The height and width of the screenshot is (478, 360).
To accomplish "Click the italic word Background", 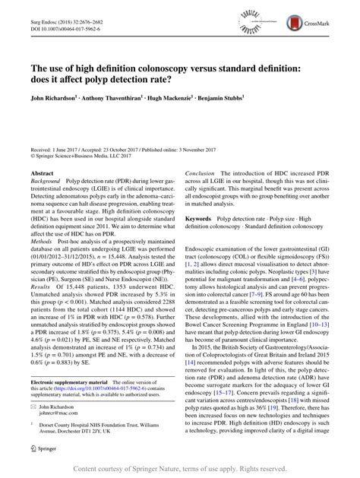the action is [x=45, y=183].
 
